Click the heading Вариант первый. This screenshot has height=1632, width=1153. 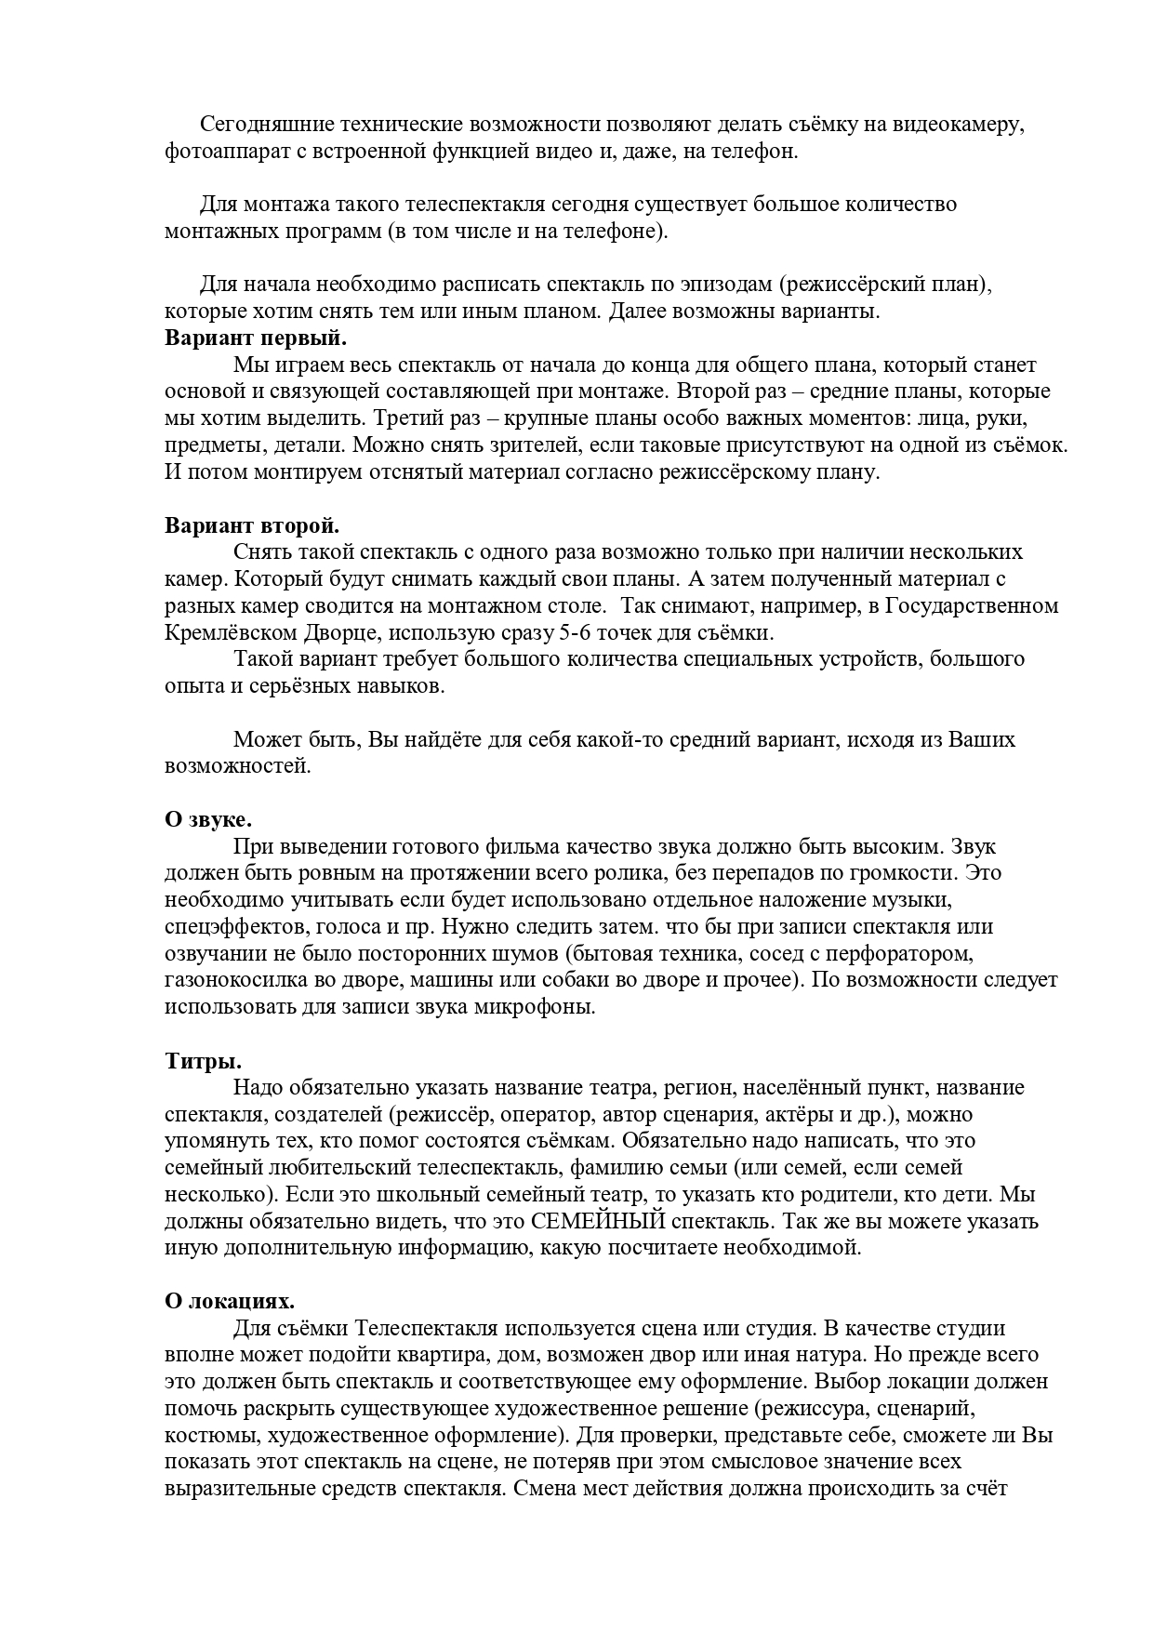(x=256, y=338)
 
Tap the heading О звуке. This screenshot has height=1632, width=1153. (x=208, y=820)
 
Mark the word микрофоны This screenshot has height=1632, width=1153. (x=542, y=1007)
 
